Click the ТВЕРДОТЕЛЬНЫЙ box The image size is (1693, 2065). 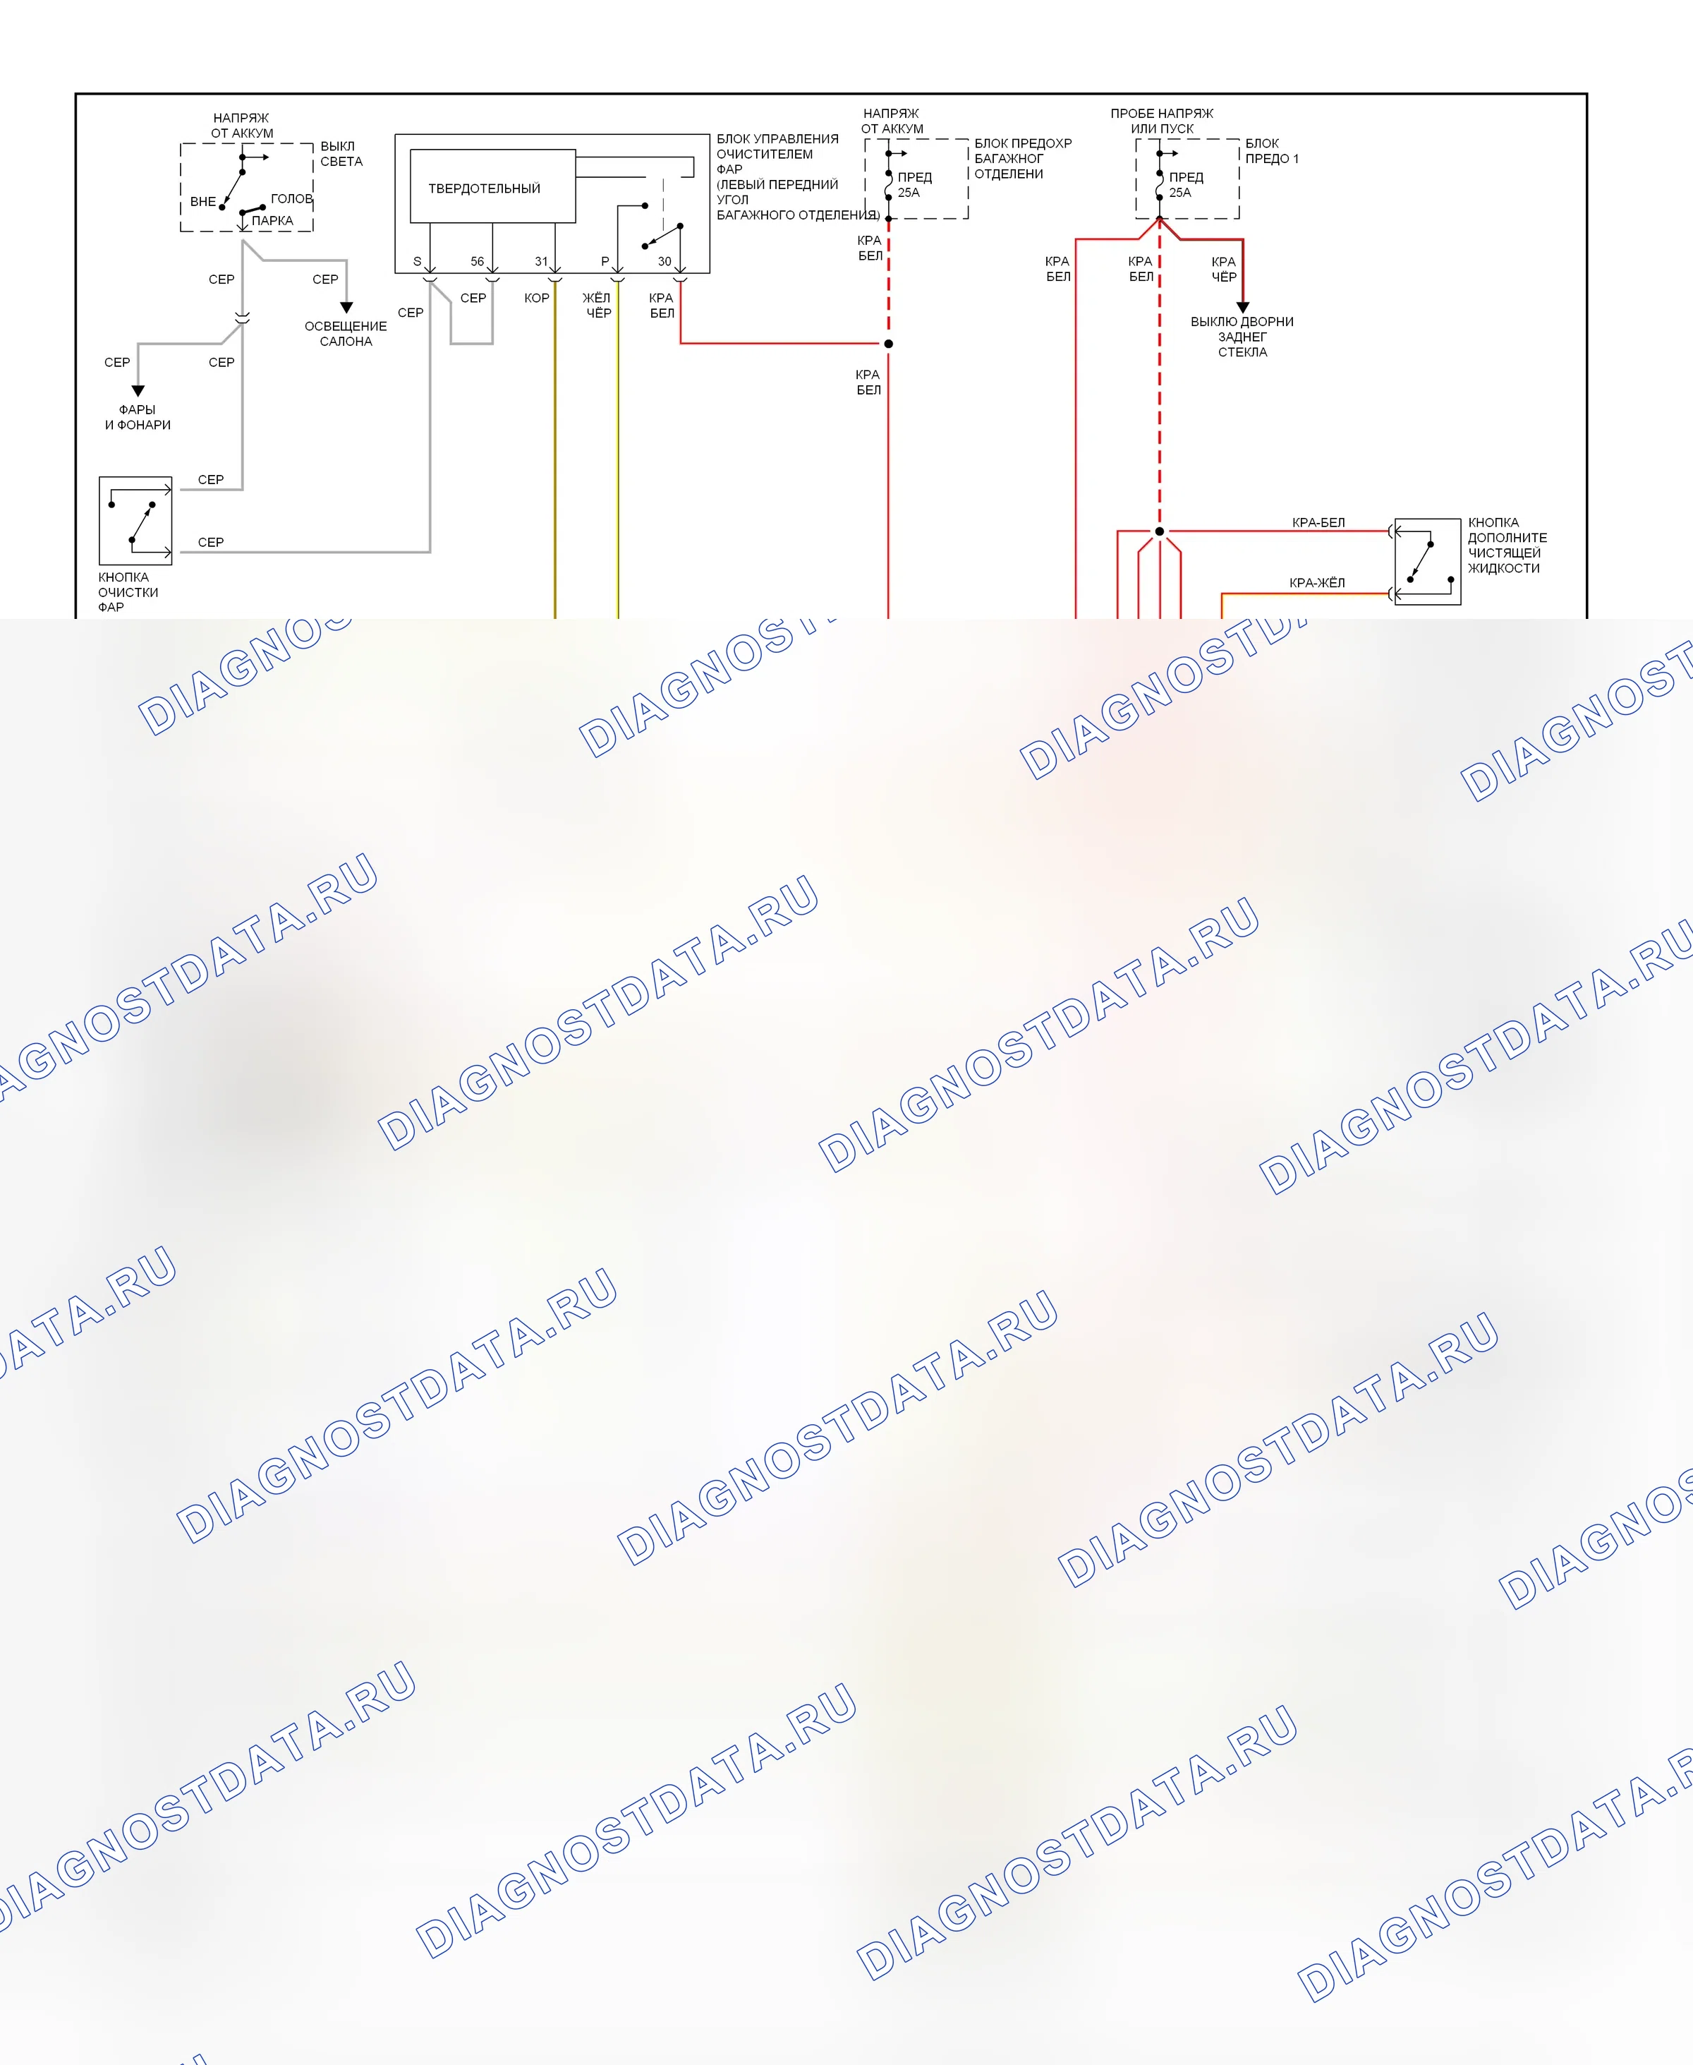pos(492,186)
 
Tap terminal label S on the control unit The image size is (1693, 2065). pos(418,261)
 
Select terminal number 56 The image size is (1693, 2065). pos(477,261)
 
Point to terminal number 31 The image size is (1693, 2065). pos(541,261)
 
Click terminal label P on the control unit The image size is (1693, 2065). pos(605,261)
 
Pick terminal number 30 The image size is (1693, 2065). pos(664,261)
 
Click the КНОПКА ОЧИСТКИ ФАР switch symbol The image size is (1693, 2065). pos(135,521)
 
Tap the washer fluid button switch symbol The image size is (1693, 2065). pos(1428,562)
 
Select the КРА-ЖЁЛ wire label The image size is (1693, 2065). pos(1316,582)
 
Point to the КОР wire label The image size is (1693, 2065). pos(536,298)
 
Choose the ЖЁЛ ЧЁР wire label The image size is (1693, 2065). pos(597,306)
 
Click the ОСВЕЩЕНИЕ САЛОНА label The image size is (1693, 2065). pos(346,334)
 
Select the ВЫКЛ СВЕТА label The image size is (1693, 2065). pos(341,154)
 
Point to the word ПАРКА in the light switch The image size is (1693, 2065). pos(272,220)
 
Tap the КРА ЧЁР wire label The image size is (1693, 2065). pos(1224,269)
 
